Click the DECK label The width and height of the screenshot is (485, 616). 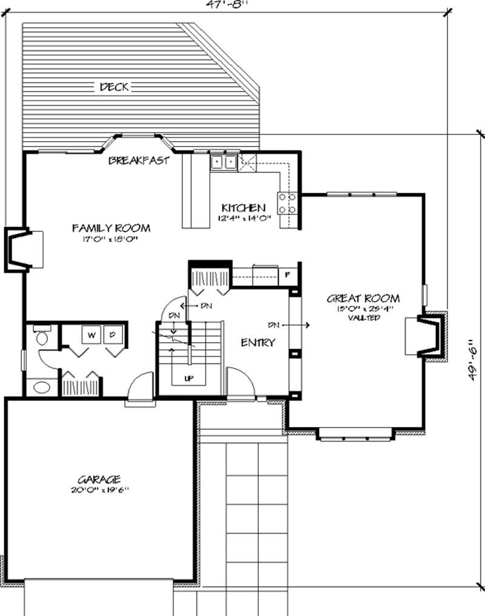pyautogui.click(x=113, y=87)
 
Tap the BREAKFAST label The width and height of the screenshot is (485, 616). pyautogui.click(x=138, y=161)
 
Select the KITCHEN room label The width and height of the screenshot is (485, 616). pyautogui.click(x=242, y=207)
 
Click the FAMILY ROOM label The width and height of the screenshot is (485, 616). pyautogui.click(x=111, y=228)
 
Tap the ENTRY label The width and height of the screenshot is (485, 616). pyautogui.click(x=258, y=342)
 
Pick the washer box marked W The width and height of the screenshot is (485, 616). pyautogui.click(x=92, y=334)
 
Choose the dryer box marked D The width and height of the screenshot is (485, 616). pyautogui.click(x=113, y=334)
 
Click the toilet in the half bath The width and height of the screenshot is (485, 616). pyautogui.click(x=43, y=337)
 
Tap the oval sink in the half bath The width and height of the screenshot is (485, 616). pyautogui.click(x=41, y=386)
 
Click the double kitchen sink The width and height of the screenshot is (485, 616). pyautogui.click(x=223, y=162)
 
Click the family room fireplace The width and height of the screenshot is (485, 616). pyautogui.click(x=23, y=248)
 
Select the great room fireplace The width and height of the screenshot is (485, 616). pyautogui.click(x=429, y=337)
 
